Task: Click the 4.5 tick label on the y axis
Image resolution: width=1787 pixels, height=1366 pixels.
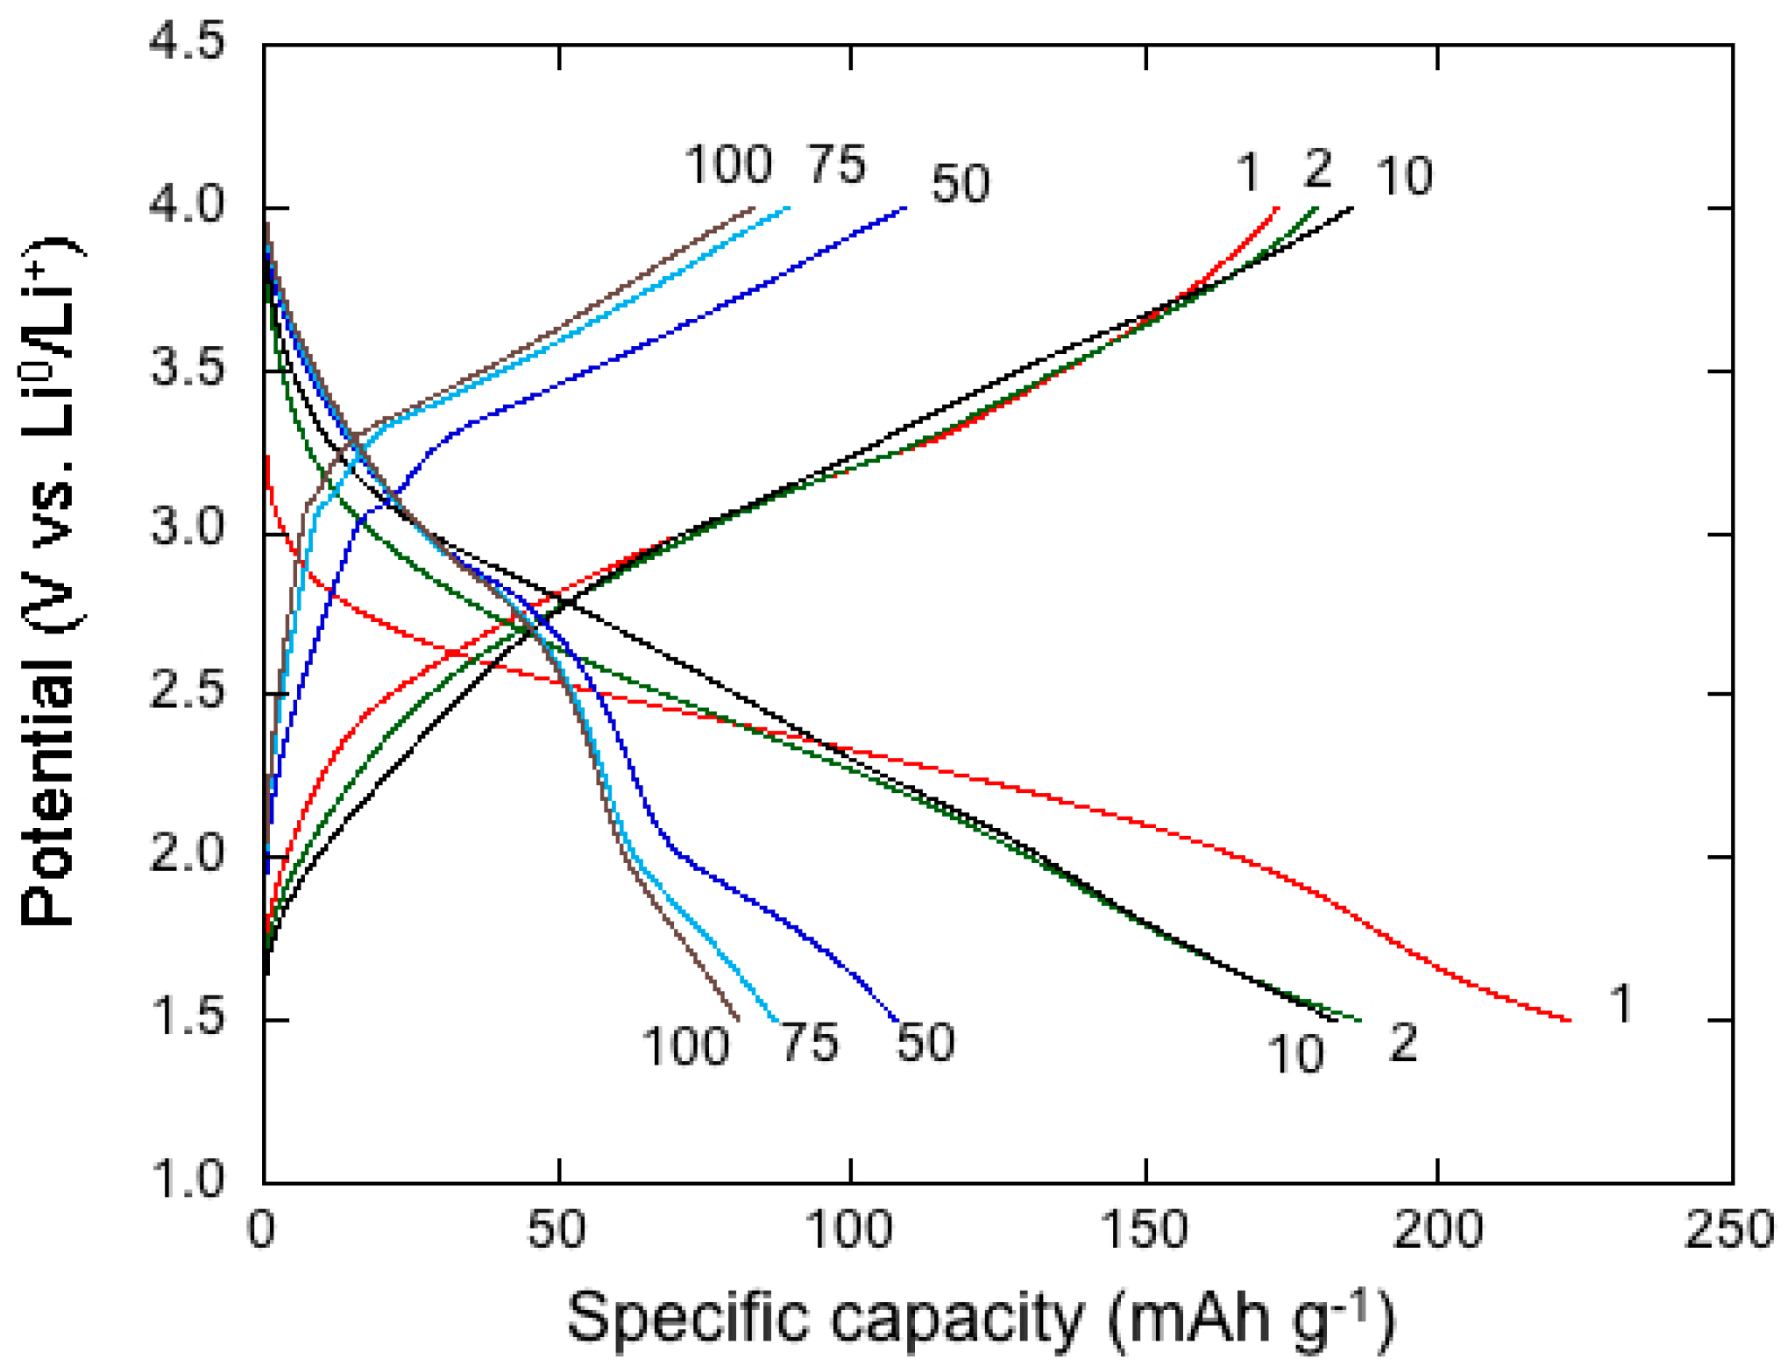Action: [x=186, y=42]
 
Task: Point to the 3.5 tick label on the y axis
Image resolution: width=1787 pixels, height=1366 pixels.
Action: [x=186, y=367]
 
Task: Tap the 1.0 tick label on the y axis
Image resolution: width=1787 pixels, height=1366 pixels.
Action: [x=186, y=1178]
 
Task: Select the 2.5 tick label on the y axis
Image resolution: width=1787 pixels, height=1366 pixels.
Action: [x=186, y=692]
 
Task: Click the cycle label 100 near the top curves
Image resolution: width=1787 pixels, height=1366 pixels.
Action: [x=727, y=165]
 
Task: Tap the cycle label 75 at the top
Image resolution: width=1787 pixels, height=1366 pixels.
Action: [x=836, y=165]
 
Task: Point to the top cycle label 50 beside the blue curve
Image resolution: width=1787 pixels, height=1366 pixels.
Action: [x=960, y=184]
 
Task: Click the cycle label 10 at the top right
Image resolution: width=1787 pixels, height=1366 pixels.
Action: [x=1404, y=175]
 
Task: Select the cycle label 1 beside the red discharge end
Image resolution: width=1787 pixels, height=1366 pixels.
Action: [x=1621, y=1003]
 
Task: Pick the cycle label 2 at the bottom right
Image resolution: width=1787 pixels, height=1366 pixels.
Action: [x=1403, y=1043]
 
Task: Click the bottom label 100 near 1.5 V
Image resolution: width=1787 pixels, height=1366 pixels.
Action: [x=684, y=1046]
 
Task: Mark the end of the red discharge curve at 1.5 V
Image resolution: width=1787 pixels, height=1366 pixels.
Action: [x=1569, y=1020]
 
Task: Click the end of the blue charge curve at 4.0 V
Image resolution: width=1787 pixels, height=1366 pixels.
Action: [x=904, y=209]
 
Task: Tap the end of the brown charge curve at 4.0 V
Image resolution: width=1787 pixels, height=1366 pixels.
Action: [x=753, y=209]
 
